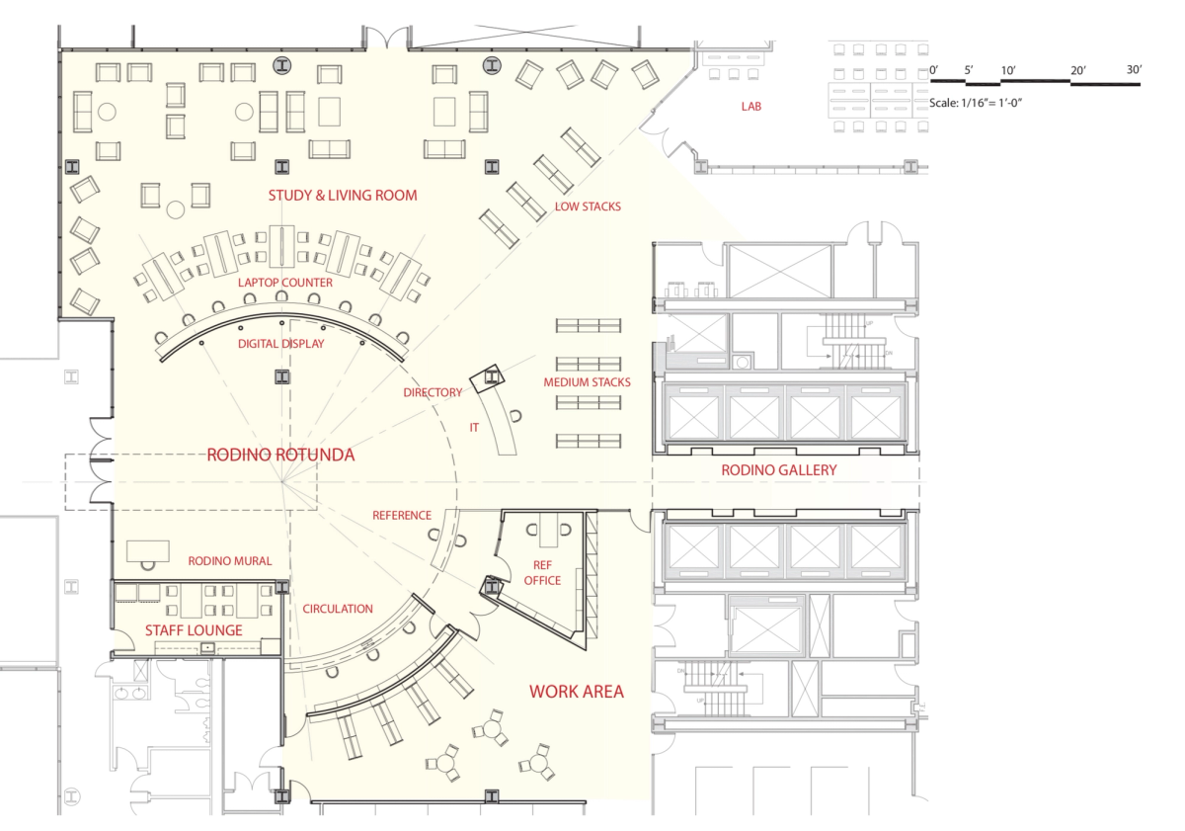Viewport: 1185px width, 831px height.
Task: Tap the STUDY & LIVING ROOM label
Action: pyautogui.click(x=343, y=196)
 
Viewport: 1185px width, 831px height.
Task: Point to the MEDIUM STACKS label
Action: pyautogui.click(x=587, y=382)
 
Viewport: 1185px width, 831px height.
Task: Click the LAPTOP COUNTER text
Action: pyautogui.click(x=284, y=283)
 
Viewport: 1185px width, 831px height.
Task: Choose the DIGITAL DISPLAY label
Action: pyautogui.click(x=279, y=344)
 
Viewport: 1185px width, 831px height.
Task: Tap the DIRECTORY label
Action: pyautogui.click(x=433, y=392)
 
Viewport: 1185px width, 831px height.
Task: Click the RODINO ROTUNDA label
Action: pyautogui.click(x=280, y=456)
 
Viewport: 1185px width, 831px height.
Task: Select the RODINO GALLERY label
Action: pyautogui.click(x=779, y=470)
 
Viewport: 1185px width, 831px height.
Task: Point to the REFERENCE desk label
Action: pyautogui.click(x=402, y=515)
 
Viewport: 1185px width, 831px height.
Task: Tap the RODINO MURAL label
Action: pyautogui.click(x=230, y=560)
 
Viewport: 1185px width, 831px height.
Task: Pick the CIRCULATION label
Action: pyautogui.click(x=338, y=609)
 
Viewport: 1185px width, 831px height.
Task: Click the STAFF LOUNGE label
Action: pyautogui.click(x=194, y=630)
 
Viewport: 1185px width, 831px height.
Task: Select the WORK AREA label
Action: pyautogui.click(x=577, y=692)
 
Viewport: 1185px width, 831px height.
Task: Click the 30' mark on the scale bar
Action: pyautogui.click(x=1134, y=69)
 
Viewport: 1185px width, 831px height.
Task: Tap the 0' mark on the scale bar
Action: pyautogui.click(x=934, y=69)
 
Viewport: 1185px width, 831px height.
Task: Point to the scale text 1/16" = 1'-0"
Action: pyautogui.click(x=988, y=103)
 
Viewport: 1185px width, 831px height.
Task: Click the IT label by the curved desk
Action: pyautogui.click(x=474, y=428)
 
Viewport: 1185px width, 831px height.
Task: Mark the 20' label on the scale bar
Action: pyautogui.click(x=1078, y=70)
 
